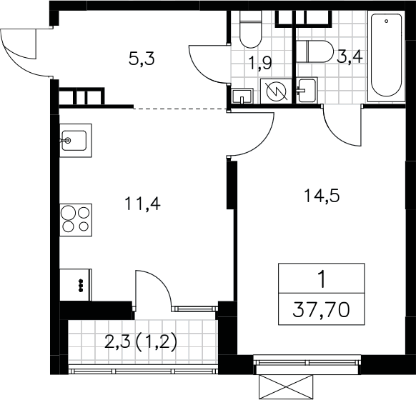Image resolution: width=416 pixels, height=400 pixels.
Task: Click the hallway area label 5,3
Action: (142, 59)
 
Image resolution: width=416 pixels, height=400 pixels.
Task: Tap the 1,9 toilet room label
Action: (260, 64)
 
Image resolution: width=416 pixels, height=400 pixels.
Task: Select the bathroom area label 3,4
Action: (350, 56)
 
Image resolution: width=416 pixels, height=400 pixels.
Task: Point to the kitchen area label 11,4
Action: (142, 204)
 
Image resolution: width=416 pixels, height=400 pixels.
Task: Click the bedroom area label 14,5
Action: (322, 196)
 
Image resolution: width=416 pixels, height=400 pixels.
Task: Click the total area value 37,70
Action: (321, 310)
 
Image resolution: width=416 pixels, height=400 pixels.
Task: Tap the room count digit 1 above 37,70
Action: (322, 280)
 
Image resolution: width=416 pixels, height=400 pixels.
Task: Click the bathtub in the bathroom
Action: (386, 56)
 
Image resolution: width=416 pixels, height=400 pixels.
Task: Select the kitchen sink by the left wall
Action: (76, 141)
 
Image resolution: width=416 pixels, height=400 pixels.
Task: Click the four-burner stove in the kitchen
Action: (76, 220)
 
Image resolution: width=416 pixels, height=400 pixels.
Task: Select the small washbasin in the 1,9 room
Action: (242, 96)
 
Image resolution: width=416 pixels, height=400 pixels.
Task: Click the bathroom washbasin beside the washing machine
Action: (307, 90)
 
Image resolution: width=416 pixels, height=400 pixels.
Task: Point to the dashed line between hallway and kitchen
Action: (180, 109)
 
